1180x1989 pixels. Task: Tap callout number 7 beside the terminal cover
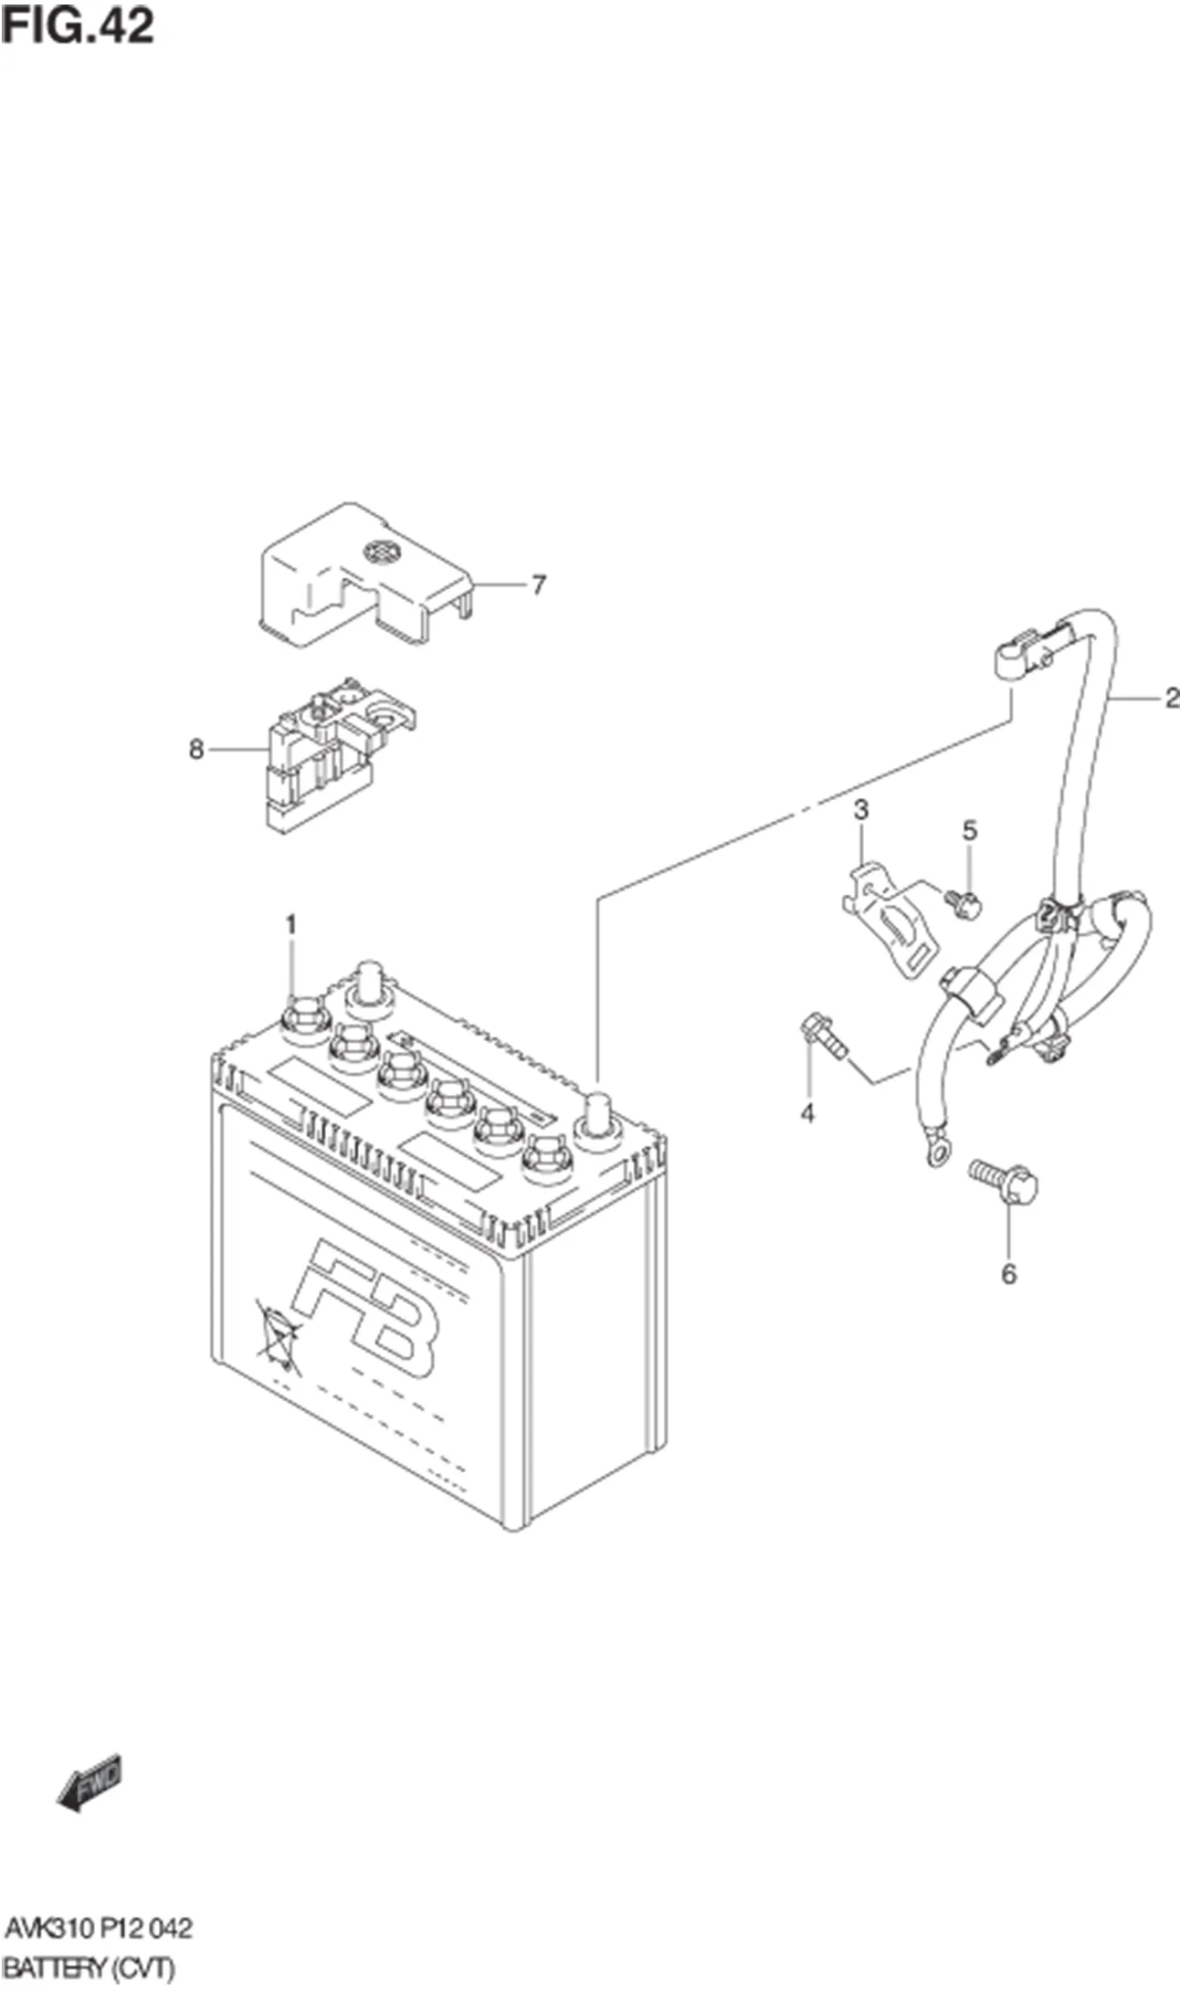click(539, 584)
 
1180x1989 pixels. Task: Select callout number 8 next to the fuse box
click(195, 750)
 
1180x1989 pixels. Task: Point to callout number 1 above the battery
click(290, 925)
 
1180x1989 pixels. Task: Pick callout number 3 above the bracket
click(860, 809)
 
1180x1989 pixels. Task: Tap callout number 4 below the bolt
click(807, 1112)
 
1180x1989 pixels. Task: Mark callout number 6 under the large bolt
click(1008, 1273)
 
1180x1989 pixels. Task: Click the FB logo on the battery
click(365, 1310)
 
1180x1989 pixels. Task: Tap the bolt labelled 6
click(1005, 1182)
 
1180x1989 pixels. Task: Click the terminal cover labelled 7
click(365, 580)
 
